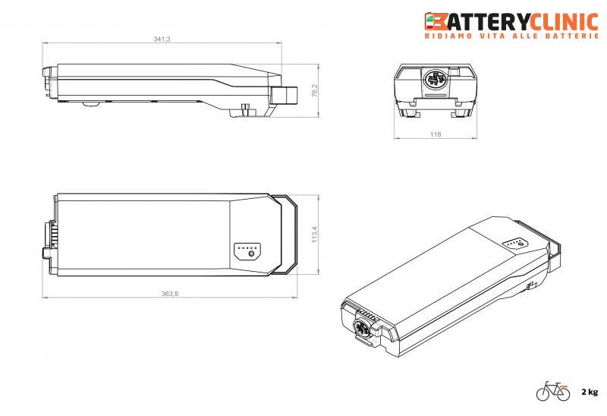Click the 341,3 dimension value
click(x=162, y=39)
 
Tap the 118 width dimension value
click(x=436, y=134)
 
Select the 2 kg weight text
click(x=590, y=392)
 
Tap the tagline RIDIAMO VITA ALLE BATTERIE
click(x=512, y=36)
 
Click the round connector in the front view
click(x=436, y=80)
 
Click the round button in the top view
click(x=251, y=254)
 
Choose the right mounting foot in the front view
click(x=460, y=113)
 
